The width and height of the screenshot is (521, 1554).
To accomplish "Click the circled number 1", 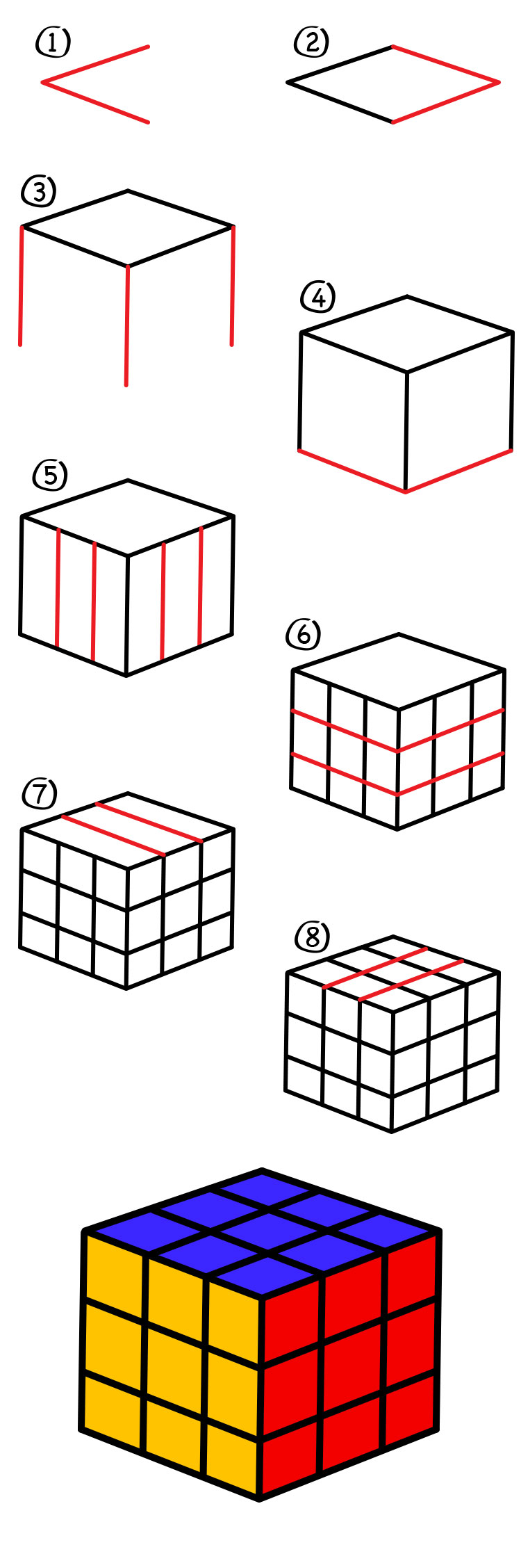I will tap(53, 42).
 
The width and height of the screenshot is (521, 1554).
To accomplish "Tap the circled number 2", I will tap(311, 42).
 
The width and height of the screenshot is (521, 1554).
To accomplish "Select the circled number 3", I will tap(39, 191).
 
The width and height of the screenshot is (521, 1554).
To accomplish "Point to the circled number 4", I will tap(318, 298).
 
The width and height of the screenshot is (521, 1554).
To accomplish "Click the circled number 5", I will tap(50, 476).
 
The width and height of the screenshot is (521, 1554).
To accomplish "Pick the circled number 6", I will tap(304, 634).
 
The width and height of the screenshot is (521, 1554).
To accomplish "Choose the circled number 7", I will tap(40, 793).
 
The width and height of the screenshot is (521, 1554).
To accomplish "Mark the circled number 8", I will tap(312, 937).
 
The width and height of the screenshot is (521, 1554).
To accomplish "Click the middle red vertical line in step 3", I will tap(127, 325).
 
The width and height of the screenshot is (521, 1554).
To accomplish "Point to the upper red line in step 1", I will tap(96, 65).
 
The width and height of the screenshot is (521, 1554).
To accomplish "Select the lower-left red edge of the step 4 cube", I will tap(352, 471).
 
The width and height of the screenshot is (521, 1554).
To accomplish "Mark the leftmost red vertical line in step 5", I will tap(58, 588).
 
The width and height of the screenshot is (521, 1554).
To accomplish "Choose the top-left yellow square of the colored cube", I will tap(114, 1265).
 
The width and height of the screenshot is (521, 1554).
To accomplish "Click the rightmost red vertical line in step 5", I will tap(201, 586).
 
